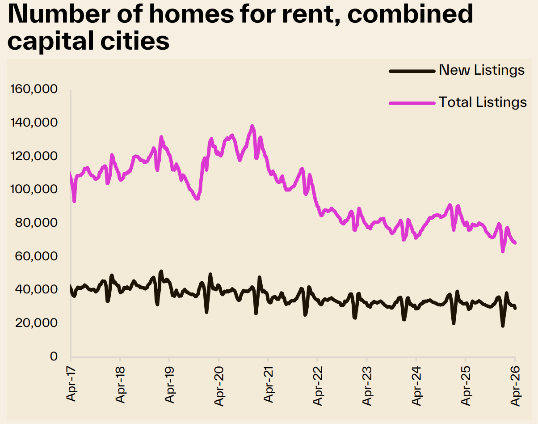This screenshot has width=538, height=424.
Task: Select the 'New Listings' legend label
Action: (482, 70)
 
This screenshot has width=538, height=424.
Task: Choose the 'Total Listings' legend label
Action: (483, 102)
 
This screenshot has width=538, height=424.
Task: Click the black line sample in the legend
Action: (412, 71)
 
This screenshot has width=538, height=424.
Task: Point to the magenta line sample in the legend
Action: (412, 102)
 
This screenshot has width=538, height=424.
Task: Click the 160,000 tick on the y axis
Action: (34, 89)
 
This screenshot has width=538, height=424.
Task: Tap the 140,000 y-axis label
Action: (34, 123)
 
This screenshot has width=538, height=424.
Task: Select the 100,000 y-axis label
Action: (34, 189)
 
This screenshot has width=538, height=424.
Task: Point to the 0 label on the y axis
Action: (54, 356)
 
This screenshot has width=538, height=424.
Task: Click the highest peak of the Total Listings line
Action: (252, 126)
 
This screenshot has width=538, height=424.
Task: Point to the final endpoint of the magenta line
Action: (515, 243)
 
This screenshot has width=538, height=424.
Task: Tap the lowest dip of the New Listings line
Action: (503, 326)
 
